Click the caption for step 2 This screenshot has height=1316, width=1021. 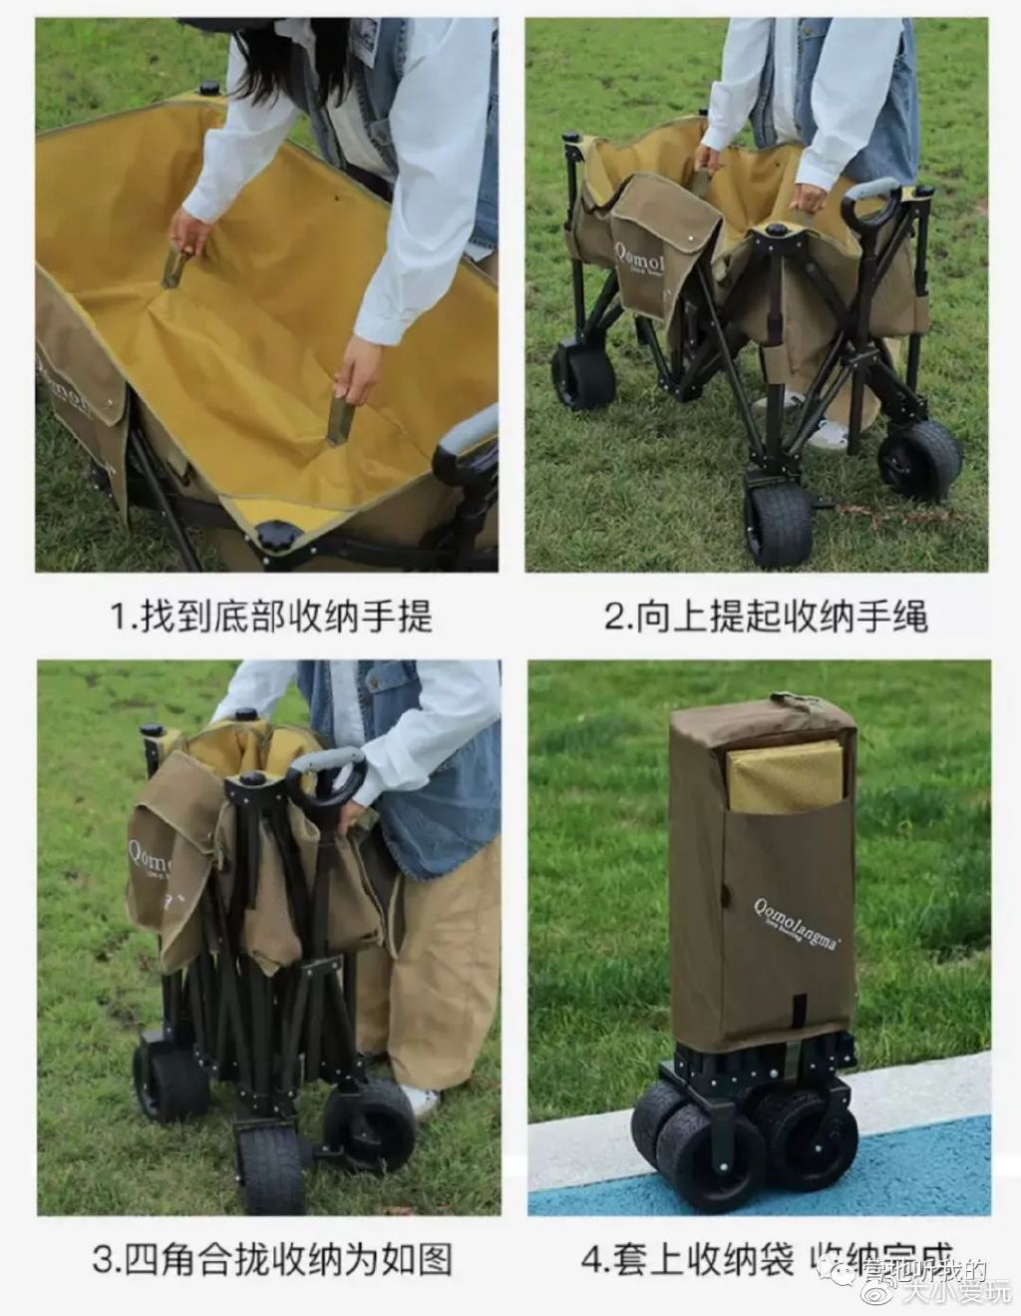[x=766, y=616]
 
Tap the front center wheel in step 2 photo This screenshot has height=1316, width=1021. [x=778, y=519]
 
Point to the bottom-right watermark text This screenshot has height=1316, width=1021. [x=942, y=1287]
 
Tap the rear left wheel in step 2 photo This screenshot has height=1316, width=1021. [x=583, y=374]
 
